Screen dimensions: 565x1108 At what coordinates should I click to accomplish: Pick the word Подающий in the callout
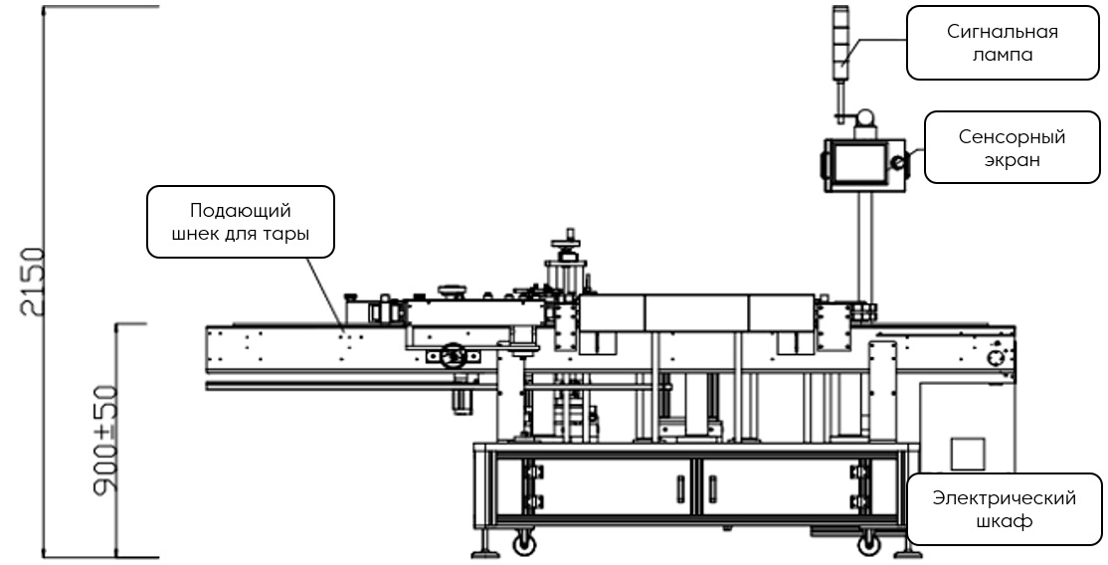[x=240, y=211]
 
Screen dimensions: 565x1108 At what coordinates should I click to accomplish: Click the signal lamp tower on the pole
[x=841, y=40]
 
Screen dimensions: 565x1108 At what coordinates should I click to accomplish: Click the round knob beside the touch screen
[x=898, y=162]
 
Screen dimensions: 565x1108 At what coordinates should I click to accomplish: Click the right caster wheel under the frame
[x=868, y=544]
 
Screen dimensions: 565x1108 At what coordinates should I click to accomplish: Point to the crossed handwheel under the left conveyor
[x=454, y=355]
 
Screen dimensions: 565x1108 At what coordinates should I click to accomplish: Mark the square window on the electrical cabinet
[x=966, y=454]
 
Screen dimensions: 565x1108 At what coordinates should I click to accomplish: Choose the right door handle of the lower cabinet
[x=713, y=489]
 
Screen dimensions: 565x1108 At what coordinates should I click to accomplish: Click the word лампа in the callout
[x=1002, y=56]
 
